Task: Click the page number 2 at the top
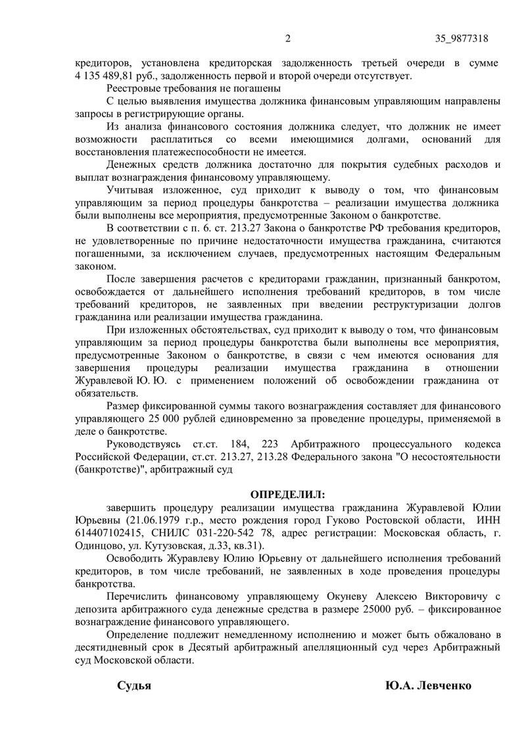coord(287,38)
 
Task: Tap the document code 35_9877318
coord(462,38)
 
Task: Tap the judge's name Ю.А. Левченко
coord(429,685)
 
